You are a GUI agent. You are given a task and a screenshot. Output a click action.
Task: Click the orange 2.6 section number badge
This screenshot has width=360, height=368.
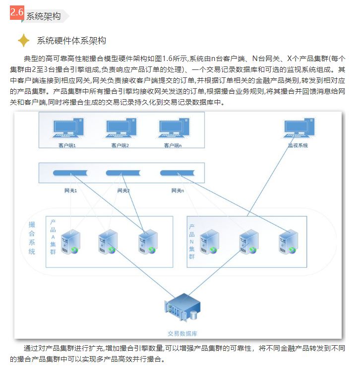coord(16,13)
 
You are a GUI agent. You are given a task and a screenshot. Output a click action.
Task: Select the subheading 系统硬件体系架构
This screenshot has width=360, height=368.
coord(71,41)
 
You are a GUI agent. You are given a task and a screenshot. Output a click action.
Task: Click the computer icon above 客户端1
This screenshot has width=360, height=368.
coord(68,128)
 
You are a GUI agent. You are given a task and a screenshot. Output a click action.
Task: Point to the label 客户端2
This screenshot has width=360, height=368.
coord(120,145)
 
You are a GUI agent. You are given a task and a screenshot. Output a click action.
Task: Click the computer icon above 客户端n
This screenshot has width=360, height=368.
coord(173,128)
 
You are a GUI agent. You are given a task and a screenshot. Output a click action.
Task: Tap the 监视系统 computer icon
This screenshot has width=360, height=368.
coord(298,128)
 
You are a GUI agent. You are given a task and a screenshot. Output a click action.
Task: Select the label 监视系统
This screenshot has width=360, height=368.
coord(298,145)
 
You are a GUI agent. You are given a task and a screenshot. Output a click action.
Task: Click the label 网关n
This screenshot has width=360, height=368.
coord(178,190)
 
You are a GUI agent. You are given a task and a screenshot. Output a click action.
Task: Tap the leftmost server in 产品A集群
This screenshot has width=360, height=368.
coord(70,241)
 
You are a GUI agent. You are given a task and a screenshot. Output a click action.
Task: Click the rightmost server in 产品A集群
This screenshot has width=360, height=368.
coord(147,241)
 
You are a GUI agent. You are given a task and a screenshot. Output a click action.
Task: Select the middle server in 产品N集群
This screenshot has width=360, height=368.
coord(248,241)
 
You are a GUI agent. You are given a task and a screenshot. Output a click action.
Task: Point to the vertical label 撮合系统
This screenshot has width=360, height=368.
coord(32,238)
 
